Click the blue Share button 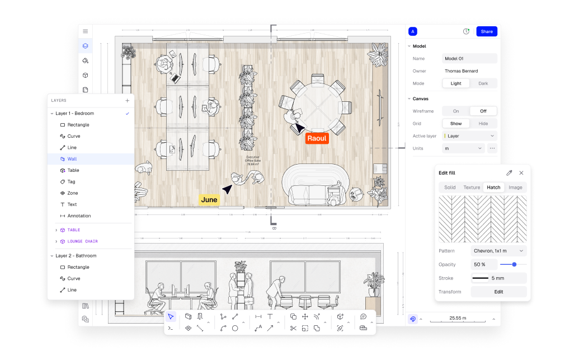coord(486,31)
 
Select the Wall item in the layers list coord(72,159)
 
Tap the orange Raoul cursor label coord(317,138)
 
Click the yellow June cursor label coord(209,200)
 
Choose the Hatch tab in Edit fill coord(493,188)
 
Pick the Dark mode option coord(483,83)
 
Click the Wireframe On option coord(455,111)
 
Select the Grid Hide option coord(483,123)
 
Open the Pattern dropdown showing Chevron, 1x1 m coord(498,251)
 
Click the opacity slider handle coord(514,264)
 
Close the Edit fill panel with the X coord(521,173)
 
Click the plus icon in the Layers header coord(127,101)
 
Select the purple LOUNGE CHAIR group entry coord(83,241)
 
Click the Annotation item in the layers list coord(79,216)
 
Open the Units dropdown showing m coord(463,148)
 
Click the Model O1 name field coord(469,58)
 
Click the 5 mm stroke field coord(498,278)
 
